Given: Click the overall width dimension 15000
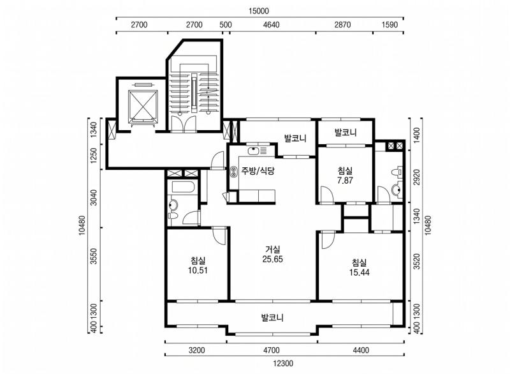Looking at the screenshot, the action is click(259, 11).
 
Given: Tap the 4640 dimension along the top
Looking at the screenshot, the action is click(271, 25).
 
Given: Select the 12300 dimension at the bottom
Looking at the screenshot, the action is click(283, 363).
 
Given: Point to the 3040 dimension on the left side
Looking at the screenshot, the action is click(94, 197).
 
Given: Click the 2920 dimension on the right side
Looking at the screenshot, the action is click(417, 177).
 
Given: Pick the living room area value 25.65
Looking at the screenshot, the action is click(273, 259).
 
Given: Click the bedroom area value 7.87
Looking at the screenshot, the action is click(345, 181).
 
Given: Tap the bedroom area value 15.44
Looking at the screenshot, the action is click(359, 273).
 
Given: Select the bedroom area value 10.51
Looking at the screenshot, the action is click(198, 271).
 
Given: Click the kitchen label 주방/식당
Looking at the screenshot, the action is click(258, 170).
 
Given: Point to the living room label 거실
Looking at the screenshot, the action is click(273, 250).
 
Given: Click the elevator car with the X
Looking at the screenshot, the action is click(143, 104).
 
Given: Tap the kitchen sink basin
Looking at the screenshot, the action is click(252, 151).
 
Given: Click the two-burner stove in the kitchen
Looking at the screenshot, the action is click(234, 172).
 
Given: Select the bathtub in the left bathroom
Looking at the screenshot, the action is click(183, 187).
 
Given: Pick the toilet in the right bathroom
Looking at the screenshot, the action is click(397, 172).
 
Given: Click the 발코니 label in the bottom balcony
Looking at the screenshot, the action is click(273, 317).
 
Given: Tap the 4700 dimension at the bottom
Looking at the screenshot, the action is click(272, 350).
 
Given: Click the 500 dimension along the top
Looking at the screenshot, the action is click(226, 25).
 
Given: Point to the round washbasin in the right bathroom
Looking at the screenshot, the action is click(397, 190).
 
